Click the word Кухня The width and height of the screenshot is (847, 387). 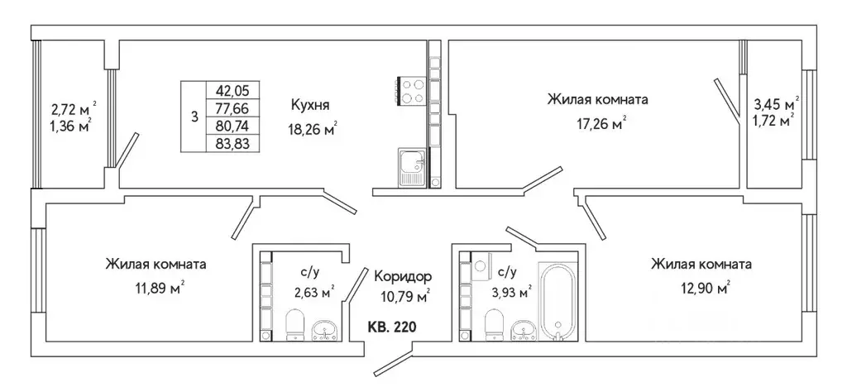click(x=310, y=105)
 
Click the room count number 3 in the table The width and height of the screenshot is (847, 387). click(x=194, y=117)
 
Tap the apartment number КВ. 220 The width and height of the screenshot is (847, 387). click(x=391, y=327)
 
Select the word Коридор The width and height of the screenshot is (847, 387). click(x=403, y=276)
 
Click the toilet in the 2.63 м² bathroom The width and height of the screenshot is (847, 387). click(x=294, y=325)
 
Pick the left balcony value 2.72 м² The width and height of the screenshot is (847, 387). click(x=73, y=108)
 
